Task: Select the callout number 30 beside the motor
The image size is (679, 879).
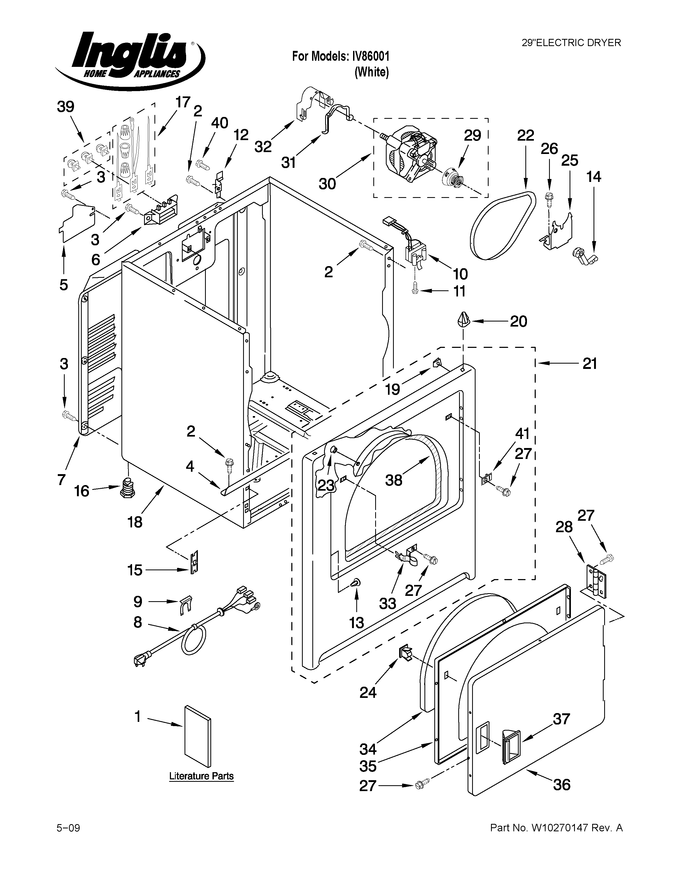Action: [327, 184]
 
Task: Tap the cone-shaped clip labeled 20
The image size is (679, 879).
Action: [463, 321]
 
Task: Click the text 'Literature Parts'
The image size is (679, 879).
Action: [201, 776]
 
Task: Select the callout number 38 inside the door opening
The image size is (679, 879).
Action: [393, 480]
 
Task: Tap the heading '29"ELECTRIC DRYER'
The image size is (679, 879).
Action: [571, 43]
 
